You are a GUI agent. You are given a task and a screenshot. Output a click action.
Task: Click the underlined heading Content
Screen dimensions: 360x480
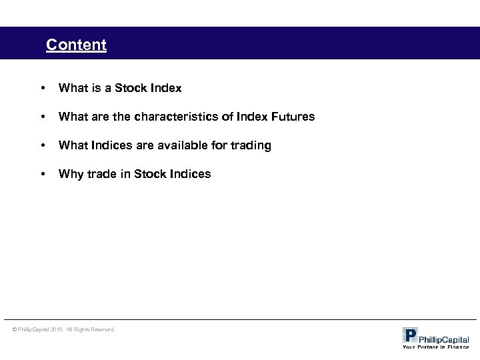pyautogui.click(x=76, y=45)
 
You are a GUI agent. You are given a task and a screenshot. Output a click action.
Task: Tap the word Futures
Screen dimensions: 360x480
pyautogui.click(x=291, y=117)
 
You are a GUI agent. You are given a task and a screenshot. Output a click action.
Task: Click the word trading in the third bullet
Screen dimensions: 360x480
pyautogui.click(x=251, y=145)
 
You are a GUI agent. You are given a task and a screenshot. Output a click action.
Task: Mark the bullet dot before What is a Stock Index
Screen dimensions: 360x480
pyautogui.click(x=43, y=88)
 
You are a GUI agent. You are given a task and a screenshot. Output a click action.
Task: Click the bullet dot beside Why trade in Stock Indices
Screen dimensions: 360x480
pyautogui.click(x=43, y=174)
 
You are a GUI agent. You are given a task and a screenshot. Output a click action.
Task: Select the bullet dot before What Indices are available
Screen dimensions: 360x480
pyautogui.click(x=43, y=145)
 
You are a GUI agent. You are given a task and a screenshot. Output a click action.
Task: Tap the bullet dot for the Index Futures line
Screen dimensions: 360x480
pyautogui.click(x=43, y=117)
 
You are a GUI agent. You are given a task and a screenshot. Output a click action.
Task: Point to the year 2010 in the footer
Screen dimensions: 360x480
pyautogui.click(x=57, y=329)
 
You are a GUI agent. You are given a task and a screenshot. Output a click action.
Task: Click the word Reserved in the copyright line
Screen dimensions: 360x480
pyautogui.click(x=101, y=329)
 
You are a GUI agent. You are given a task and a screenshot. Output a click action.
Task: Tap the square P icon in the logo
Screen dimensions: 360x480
pyautogui.click(x=410, y=335)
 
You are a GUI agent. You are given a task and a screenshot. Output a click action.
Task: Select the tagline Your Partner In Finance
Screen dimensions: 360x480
pyautogui.click(x=435, y=347)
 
